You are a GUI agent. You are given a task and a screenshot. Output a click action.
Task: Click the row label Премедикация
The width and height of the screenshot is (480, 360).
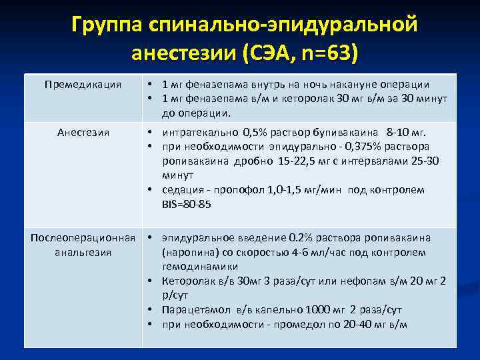tap(83, 85)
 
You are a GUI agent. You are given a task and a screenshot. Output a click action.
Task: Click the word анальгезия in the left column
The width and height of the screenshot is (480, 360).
tap(83, 253)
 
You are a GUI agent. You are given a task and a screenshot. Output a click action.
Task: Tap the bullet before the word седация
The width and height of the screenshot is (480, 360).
tap(151, 190)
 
